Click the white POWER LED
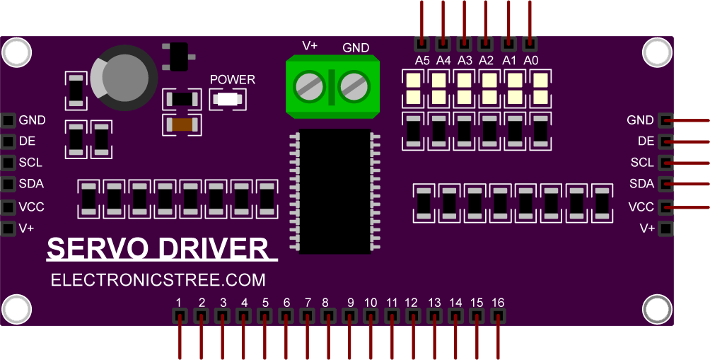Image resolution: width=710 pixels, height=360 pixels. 228,100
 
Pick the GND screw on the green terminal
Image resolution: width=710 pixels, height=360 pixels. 354,87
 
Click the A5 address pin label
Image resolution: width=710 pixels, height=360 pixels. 422,60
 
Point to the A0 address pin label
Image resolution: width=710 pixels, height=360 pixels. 530,60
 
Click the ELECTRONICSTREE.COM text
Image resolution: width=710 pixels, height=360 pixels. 158,281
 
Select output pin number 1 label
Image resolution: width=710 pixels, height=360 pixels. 180,303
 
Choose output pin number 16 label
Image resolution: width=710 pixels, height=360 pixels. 499,303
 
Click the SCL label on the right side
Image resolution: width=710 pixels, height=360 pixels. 642,163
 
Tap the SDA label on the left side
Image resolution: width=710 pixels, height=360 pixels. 31,184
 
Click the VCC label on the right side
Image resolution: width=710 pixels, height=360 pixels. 641,207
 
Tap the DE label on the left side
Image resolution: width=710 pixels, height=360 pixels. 27,141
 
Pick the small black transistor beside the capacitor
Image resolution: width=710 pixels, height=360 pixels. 176,57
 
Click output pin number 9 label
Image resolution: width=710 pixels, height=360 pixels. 350,303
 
